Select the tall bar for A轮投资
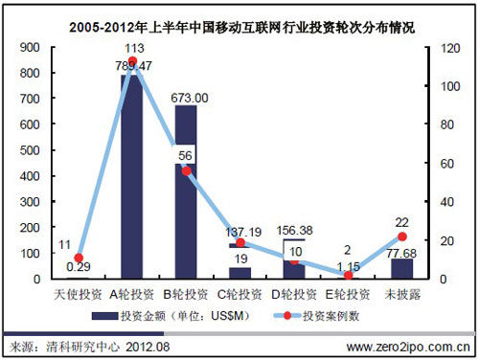point(133,182)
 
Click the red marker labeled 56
point(187,170)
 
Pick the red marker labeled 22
point(402,236)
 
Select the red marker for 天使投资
point(80,258)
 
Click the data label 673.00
point(188,97)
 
